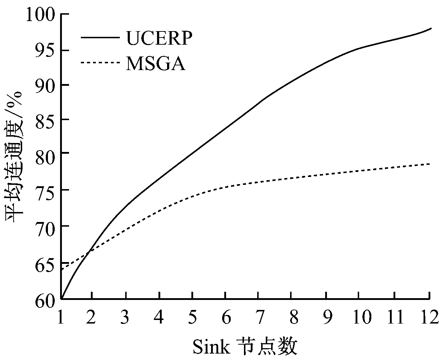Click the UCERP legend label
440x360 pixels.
[159, 38]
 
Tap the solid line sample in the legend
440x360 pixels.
[100, 37]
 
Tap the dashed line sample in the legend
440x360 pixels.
[100, 63]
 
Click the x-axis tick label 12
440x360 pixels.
[429, 316]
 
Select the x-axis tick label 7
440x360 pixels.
[258, 316]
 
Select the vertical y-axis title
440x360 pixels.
[14, 157]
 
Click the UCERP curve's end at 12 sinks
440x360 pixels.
[431, 28]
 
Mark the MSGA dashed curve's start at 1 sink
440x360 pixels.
[62, 269]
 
